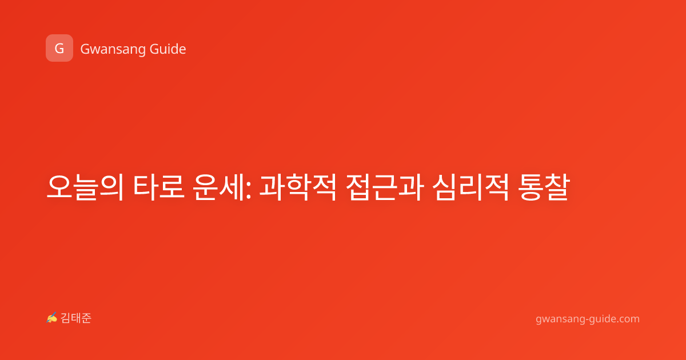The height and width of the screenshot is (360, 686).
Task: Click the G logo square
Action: (59, 48)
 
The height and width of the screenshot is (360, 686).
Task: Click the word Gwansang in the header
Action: (113, 50)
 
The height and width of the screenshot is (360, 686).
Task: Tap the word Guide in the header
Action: (168, 49)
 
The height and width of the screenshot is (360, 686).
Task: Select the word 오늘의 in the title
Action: (85, 187)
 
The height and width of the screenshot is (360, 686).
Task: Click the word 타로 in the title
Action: (159, 187)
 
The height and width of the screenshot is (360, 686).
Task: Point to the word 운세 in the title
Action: (218, 187)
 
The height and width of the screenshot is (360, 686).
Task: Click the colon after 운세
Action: (248, 190)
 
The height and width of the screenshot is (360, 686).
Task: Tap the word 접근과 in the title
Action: (385, 187)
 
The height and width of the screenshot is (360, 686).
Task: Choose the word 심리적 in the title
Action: (470, 187)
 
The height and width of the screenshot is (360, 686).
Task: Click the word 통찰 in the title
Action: (544, 187)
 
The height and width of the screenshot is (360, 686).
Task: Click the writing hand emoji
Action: (52, 318)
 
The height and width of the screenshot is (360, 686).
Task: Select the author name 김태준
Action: (76, 318)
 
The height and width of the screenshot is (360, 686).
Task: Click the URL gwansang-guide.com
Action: (588, 319)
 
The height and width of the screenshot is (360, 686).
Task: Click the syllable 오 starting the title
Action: (59, 187)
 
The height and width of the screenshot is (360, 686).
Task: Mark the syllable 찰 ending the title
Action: (557, 187)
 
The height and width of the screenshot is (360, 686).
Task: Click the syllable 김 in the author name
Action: (66, 318)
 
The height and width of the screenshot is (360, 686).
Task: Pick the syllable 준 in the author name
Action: (86, 318)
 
